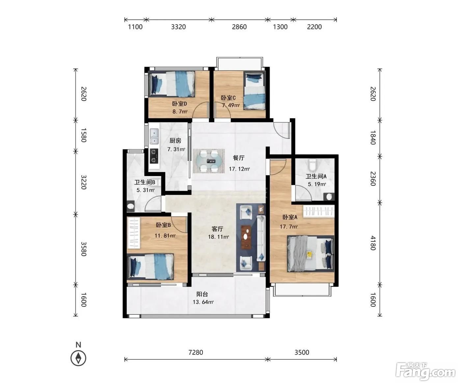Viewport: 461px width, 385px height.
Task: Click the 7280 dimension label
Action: click(196, 352)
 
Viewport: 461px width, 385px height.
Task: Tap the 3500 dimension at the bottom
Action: click(302, 352)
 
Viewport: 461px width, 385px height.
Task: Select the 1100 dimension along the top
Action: click(135, 27)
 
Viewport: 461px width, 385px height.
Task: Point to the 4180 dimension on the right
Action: click(373, 243)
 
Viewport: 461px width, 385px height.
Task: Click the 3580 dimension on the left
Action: click(83, 249)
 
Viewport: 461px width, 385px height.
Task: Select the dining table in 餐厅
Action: click(209, 161)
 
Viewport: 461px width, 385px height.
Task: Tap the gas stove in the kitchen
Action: click(154, 156)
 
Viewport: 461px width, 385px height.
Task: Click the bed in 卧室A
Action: click(311, 253)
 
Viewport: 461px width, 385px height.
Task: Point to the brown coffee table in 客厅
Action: click(246, 237)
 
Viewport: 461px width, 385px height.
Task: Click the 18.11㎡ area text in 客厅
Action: click(218, 237)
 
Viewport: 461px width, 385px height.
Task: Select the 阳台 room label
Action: click(202, 294)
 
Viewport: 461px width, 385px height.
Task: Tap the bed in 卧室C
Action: click(254, 90)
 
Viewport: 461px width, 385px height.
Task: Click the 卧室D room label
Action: click(179, 104)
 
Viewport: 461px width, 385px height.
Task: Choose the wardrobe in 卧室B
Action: click(134, 232)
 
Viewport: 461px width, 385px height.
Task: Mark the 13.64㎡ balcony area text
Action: click(203, 302)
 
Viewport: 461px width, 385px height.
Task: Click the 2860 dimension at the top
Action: click(239, 27)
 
